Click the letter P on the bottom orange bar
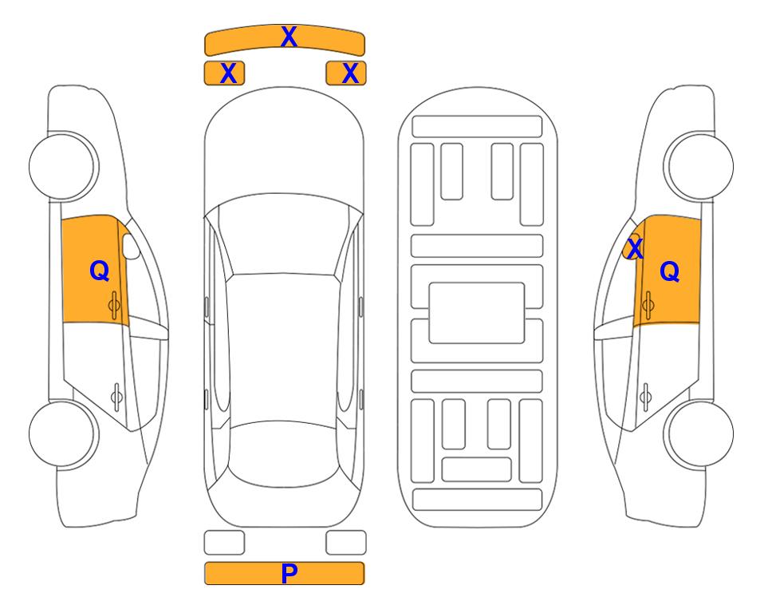[289, 573]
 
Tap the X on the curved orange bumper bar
[289, 37]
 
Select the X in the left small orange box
[228, 73]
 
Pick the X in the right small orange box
[350, 73]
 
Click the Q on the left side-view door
[100, 271]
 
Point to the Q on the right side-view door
[670, 271]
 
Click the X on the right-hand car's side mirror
[635, 248]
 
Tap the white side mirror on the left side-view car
[131, 247]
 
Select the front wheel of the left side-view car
[62, 167]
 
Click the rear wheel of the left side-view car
[62, 433]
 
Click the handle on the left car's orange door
[115, 305]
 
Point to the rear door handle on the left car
[116, 396]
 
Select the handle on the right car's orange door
[648, 305]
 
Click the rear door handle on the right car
[646, 396]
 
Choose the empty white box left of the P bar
[224, 543]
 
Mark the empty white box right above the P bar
[346, 543]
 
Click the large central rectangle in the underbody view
[477, 313]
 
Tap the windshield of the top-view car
[283, 235]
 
